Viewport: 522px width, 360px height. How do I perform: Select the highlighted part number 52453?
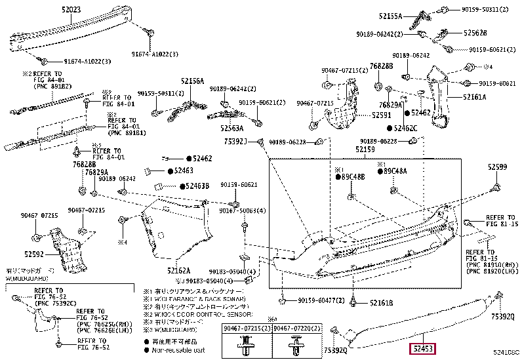pos(423,349)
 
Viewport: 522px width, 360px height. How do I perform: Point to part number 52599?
pos(497,167)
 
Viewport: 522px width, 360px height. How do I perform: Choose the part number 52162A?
pos(178,270)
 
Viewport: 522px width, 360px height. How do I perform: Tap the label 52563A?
pos(230,129)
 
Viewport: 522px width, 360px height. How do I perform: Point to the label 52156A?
pos(192,81)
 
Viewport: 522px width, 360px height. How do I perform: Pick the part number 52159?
pos(365,150)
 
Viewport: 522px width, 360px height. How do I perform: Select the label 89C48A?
pos(395,172)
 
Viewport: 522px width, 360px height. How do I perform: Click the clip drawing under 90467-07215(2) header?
pos(247,345)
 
